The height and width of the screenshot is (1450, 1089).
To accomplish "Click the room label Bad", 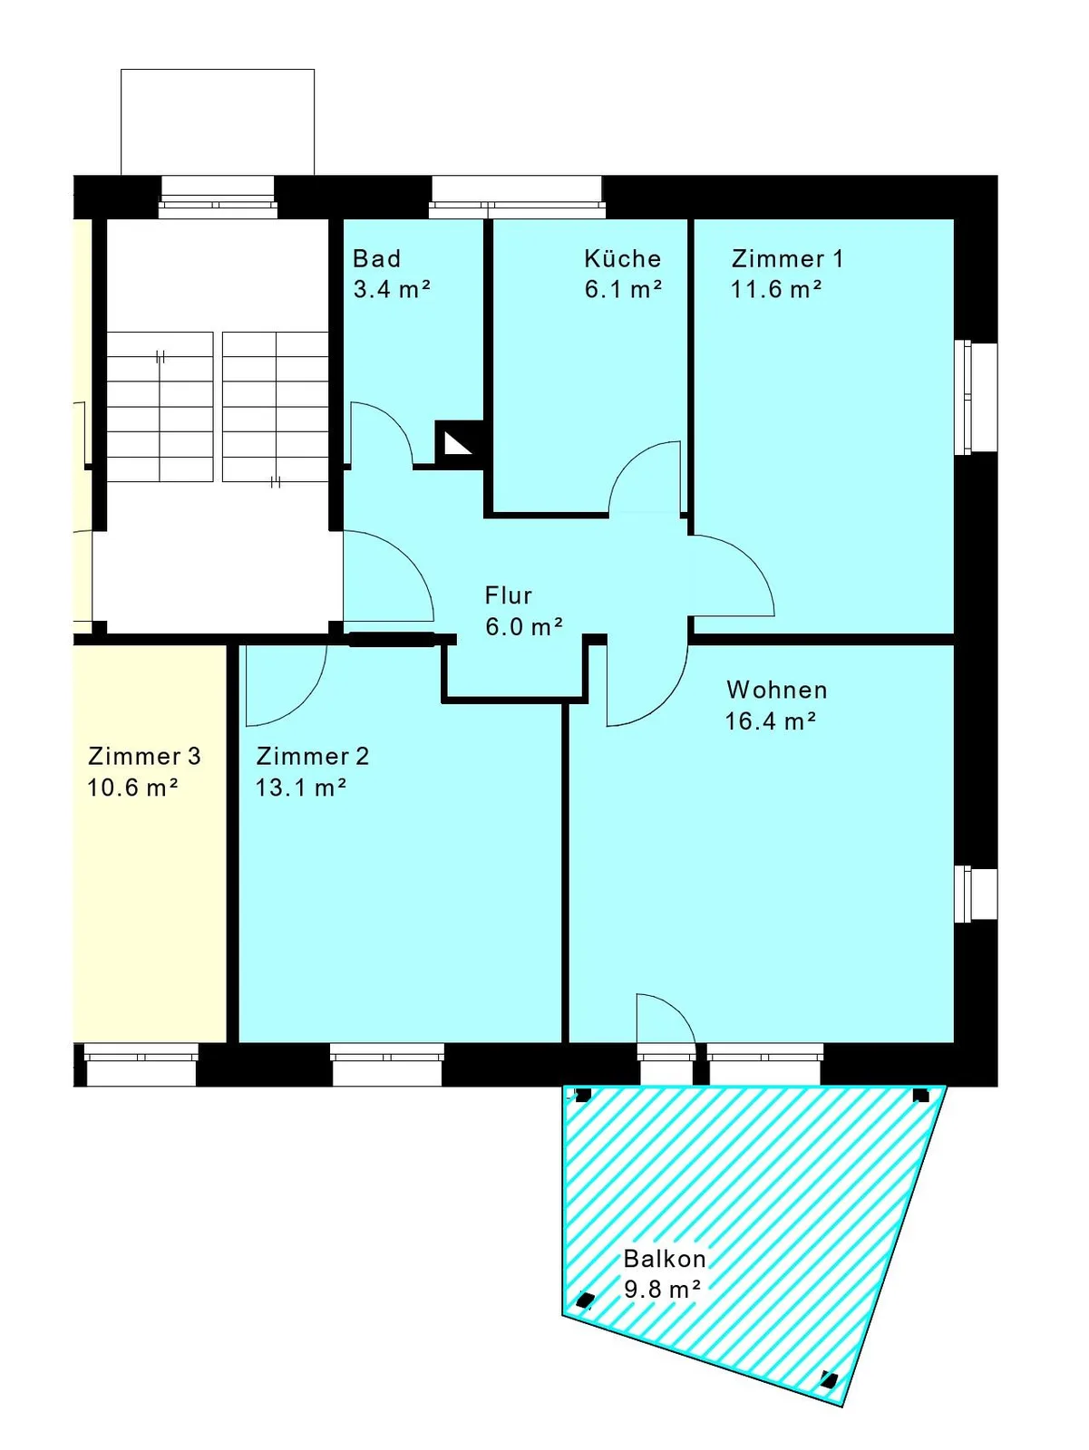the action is pos(376,258).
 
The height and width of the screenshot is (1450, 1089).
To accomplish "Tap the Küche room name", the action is pos(622,258).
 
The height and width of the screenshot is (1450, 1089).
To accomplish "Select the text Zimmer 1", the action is pos(787,258).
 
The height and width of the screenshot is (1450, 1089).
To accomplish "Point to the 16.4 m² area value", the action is pos(771,720).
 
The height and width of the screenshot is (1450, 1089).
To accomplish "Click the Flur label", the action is pos(508,595).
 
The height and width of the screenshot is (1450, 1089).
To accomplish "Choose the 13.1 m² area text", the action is pos(301,788).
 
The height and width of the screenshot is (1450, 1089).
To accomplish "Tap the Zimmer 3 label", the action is pos(144,756).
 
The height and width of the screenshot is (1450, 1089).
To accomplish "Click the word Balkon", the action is pos(665,1259).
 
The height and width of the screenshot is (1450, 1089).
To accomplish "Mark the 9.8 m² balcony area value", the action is pos(662,1289).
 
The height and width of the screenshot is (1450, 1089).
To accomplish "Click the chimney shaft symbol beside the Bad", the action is pos(459,444).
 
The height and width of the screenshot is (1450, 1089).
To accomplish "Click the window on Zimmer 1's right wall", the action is pos(976,397).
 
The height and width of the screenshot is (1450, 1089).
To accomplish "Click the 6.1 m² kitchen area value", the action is pos(623,289).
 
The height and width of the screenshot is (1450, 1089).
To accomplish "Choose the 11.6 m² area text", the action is pos(776,289).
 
